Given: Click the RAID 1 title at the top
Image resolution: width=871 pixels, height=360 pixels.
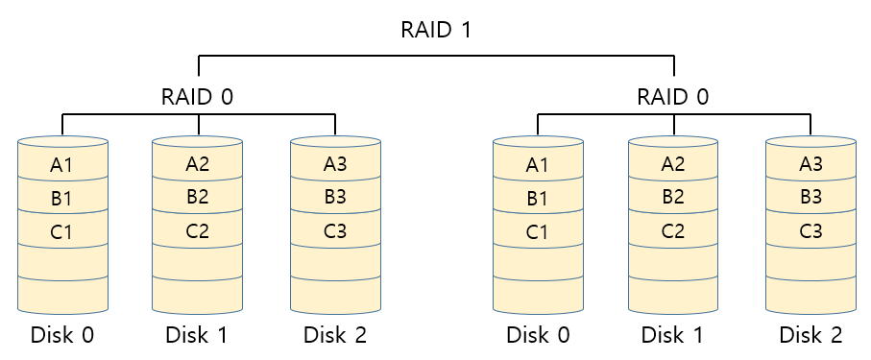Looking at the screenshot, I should pos(435,29).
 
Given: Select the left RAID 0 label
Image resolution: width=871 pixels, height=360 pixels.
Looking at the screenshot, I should pos(198,97).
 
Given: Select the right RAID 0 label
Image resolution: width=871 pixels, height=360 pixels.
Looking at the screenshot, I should pos(673,97).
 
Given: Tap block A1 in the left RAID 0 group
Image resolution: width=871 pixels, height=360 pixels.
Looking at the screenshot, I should pos(62,165).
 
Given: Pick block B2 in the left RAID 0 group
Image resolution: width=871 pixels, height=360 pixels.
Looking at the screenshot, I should pos(198,198).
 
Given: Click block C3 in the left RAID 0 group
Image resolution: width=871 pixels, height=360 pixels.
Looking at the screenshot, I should pos(335,230).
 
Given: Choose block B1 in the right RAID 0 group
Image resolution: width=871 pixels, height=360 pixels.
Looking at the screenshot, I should pos(538,199).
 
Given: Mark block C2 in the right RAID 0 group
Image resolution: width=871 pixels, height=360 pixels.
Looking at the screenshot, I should pos(673,230).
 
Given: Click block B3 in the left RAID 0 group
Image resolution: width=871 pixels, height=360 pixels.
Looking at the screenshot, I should pos(335,198).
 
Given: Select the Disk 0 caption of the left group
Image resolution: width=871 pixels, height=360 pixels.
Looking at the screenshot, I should pos(62,335).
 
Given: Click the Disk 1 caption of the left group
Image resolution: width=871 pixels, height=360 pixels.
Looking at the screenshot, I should pos(198,335).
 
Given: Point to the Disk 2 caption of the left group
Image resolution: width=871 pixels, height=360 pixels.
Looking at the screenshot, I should pos(335,335).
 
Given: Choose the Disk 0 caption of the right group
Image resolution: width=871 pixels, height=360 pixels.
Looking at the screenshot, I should pos(538,335).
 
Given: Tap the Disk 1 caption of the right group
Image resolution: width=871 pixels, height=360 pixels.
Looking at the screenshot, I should pos(673,335).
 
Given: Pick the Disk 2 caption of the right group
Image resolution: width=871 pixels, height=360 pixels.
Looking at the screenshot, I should pos(811,335).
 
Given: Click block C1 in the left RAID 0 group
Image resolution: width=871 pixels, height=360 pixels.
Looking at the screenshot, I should pos(62,231).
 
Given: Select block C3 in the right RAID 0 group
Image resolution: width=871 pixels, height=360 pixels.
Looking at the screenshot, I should pos(811,230).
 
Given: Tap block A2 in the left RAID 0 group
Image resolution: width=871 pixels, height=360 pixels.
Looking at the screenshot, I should pos(198,163).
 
